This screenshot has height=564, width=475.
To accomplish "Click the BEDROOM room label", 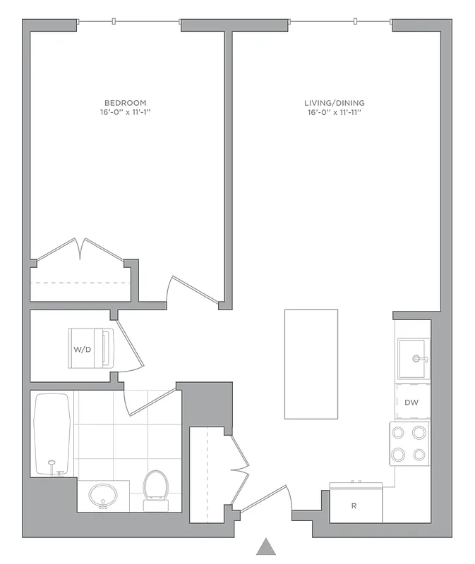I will pos(124,103).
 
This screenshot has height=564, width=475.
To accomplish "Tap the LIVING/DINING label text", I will pos(335,103).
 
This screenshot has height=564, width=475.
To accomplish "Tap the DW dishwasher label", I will pos(412,403).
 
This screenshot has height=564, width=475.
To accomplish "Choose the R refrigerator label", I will pos(354,505).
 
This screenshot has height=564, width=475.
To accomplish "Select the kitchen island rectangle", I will pos(311,364).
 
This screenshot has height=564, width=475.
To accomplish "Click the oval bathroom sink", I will pos(103,495).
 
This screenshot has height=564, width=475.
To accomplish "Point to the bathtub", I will pos(53,433).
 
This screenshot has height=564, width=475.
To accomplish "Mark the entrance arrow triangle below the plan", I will pos(265,546).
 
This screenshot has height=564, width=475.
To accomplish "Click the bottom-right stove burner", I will pos(419,454).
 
